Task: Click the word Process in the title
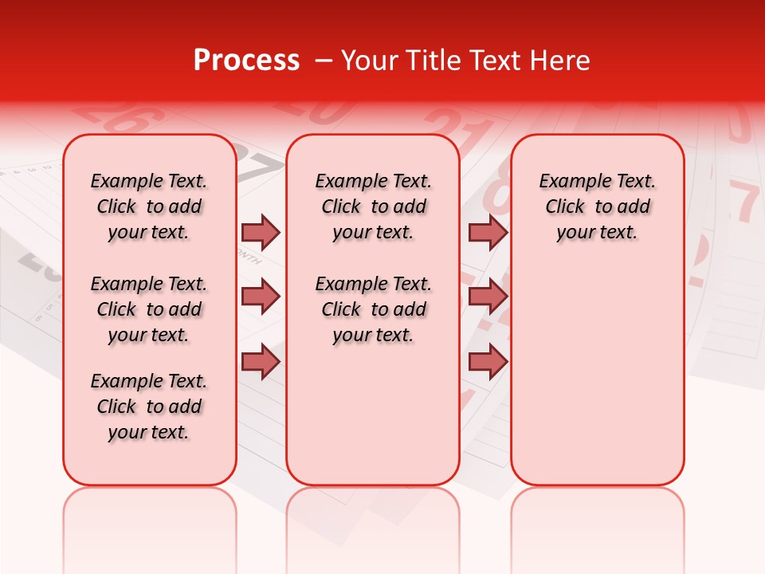point(246,61)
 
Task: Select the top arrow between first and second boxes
point(261,232)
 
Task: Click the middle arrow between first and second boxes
point(261,297)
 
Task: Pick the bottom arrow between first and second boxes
point(261,361)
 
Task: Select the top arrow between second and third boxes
point(488,232)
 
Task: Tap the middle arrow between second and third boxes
point(488,297)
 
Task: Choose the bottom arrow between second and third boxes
point(488,361)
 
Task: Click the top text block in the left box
point(149,206)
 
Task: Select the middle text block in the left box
point(149,309)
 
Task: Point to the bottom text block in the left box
point(149,407)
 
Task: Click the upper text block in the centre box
point(373,206)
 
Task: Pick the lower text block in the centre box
point(373,309)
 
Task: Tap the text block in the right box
point(597,206)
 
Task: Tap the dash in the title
point(323,61)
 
